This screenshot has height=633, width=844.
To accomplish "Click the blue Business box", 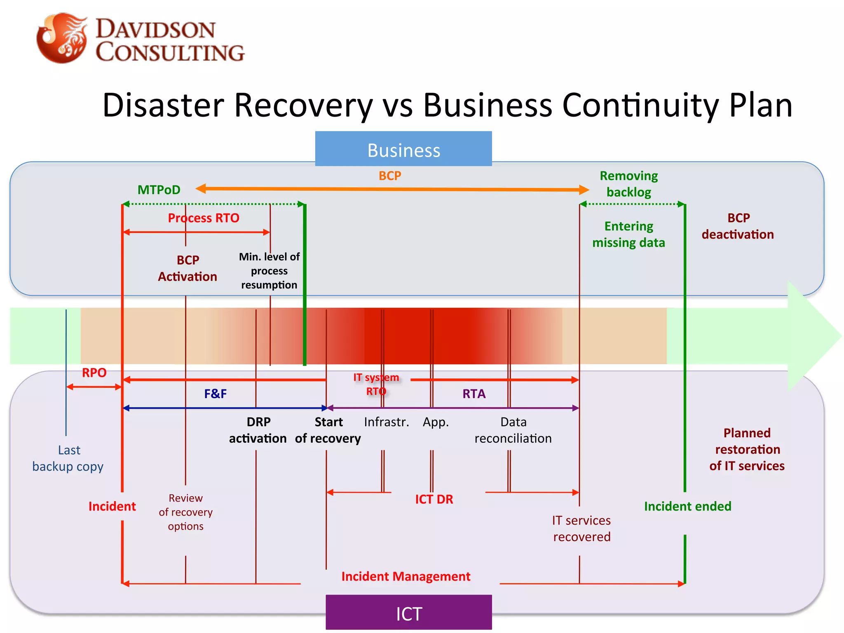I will point(403,149).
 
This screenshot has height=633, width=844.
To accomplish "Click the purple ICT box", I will point(408,612).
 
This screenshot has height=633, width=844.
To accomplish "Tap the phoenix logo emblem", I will point(62,38).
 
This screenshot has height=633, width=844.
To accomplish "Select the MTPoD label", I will point(159,190).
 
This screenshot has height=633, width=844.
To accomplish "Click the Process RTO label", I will point(203,218).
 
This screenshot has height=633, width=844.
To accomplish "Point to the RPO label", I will point(94,373).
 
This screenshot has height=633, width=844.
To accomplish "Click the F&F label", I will point(215,394).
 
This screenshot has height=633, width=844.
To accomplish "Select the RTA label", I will point(474,394).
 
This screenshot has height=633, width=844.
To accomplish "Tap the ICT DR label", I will point(434,499).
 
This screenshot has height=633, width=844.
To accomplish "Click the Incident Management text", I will point(406,576).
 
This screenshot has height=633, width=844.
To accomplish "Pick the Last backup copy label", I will point(68,458).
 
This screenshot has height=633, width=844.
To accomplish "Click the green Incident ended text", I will point(687,506).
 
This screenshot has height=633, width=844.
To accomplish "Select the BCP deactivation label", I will point(738,226).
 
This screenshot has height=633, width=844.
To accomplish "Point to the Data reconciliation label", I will point(513,430).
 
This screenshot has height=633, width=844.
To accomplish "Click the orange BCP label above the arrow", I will point(389,176).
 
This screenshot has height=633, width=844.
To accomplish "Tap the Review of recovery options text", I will point(185,512).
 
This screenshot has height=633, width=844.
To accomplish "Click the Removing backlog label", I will point(628,184).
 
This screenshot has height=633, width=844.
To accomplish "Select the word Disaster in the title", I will point(163,105).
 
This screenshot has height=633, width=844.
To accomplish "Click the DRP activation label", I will point(258,430).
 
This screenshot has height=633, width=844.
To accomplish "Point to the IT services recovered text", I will point(581,529).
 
